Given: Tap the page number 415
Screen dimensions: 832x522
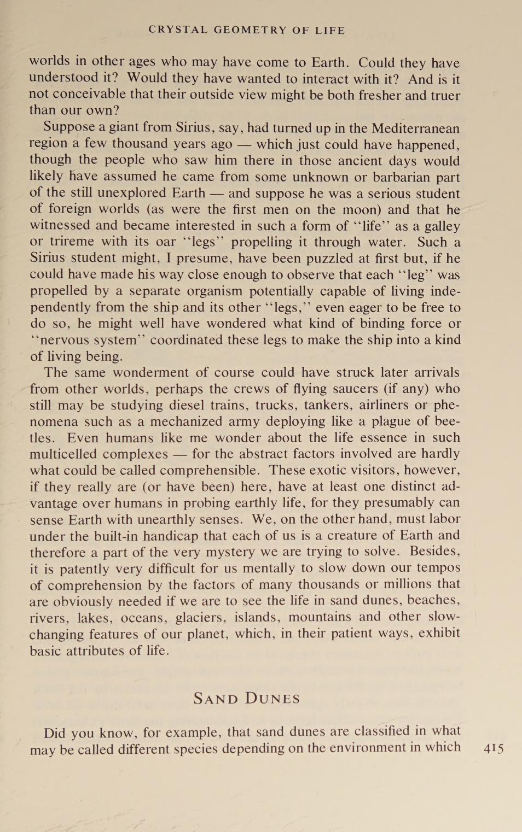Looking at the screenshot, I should point(494,748).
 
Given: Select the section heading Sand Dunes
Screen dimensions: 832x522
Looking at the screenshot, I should point(247,699).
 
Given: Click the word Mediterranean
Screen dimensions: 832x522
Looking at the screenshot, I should point(416,128).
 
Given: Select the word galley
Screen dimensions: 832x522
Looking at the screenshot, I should point(441,226).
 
